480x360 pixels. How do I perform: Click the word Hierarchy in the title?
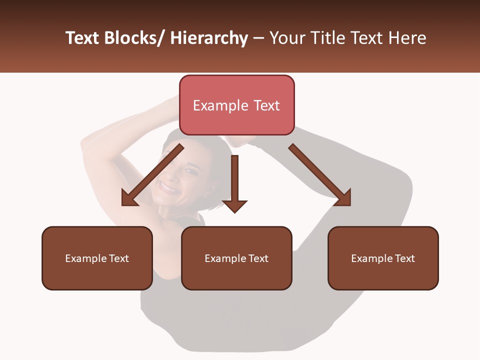209,38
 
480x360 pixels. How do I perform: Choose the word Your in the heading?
286,38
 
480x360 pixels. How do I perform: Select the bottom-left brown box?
97,258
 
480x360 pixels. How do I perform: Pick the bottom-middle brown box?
236,258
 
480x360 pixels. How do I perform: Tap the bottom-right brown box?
383,258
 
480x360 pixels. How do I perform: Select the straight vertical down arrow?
234,183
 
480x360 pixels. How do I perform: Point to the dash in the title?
258,38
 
